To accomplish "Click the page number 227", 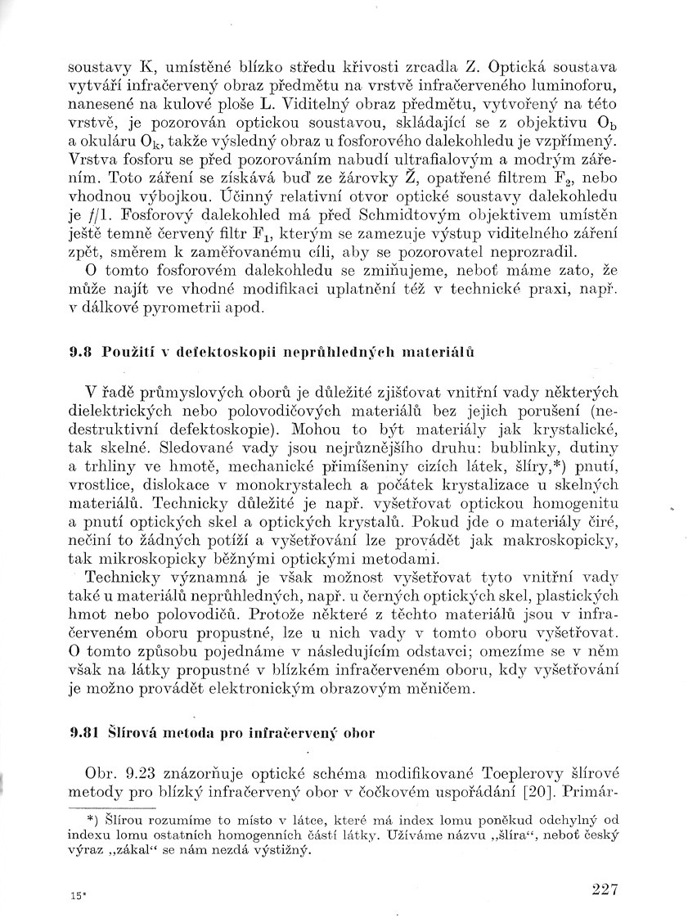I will click(x=601, y=889).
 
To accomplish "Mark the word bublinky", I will click(x=514, y=448).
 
